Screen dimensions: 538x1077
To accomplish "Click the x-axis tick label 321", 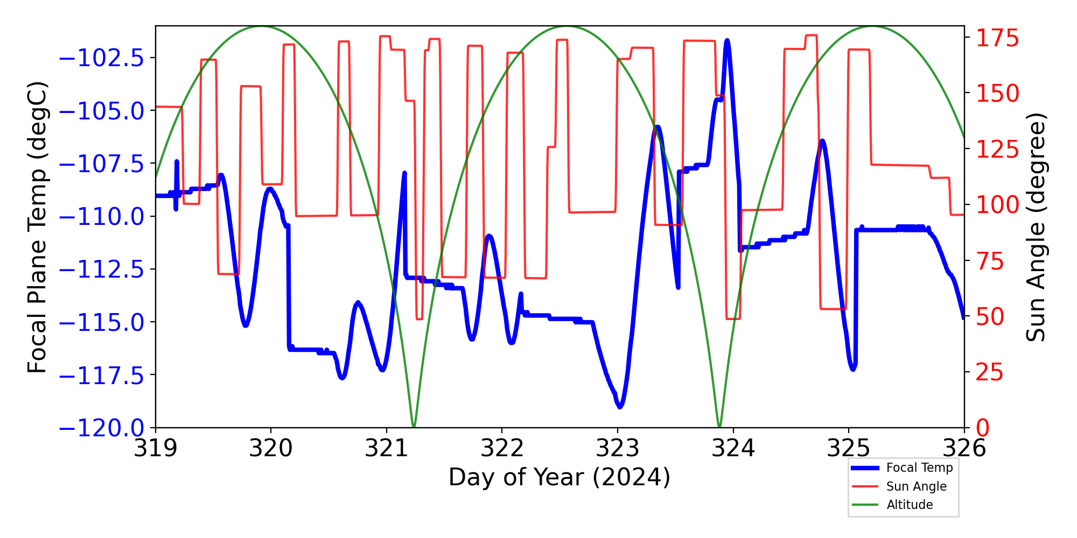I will (386, 448).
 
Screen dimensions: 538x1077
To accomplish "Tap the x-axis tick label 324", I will (733, 448).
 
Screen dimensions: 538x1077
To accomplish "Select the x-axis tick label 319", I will (156, 448).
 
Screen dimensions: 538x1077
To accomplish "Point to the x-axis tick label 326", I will (964, 448).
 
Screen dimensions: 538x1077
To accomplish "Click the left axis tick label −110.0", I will (101, 217).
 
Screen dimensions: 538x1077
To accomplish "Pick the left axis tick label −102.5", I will (101, 58).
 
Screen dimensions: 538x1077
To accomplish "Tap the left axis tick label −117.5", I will (101, 376).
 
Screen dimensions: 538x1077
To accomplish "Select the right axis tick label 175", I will (998, 39).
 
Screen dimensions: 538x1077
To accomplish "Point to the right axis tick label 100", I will (998, 205).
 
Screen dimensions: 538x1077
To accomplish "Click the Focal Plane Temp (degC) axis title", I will (38, 227).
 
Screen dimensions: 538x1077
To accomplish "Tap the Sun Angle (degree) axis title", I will (1035, 227).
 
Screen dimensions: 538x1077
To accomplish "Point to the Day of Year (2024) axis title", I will (560, 477).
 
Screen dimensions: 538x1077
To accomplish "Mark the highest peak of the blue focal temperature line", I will (727, 40).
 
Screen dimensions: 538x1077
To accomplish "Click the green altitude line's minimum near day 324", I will (719, 427).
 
